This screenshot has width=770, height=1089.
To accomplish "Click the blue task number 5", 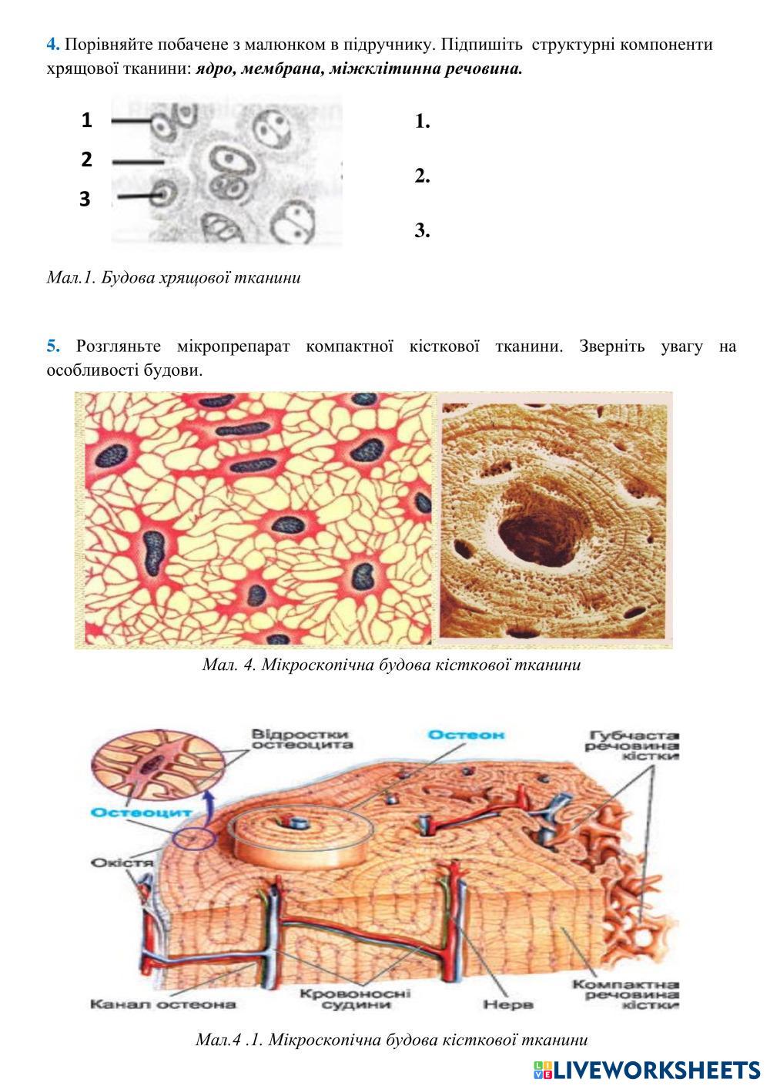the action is (52, 347).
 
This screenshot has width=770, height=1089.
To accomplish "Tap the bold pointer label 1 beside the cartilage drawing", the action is (86, 120).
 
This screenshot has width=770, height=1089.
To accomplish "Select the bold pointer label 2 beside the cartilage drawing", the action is (86, 159).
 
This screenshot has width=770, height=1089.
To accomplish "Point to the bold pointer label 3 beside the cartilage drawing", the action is (85, 199).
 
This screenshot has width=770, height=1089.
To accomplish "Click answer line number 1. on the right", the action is (422, 122).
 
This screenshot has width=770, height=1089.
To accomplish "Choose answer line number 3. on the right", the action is (422, 230).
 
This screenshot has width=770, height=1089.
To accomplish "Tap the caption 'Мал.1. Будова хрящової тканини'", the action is (173, 278).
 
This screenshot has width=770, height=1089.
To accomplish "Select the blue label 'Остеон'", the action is (467, 735).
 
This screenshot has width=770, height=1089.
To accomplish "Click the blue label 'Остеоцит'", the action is (129, 813).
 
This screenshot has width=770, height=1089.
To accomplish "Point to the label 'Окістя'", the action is (122, 862).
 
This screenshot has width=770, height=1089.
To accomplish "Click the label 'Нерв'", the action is (508, 1004).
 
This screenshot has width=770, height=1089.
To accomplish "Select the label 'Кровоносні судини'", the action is (355, 999).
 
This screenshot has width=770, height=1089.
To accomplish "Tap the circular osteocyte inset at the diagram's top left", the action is (157, 764).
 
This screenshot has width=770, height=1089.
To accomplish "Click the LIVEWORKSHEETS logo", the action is (647, 1069).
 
